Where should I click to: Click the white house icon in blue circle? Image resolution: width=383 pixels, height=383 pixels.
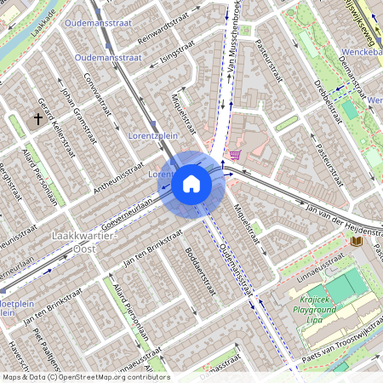(x=191, y=183)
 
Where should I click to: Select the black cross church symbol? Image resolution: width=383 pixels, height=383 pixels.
(x=38, y=120)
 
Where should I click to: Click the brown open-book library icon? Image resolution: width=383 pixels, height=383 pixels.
(x=356, y=242)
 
